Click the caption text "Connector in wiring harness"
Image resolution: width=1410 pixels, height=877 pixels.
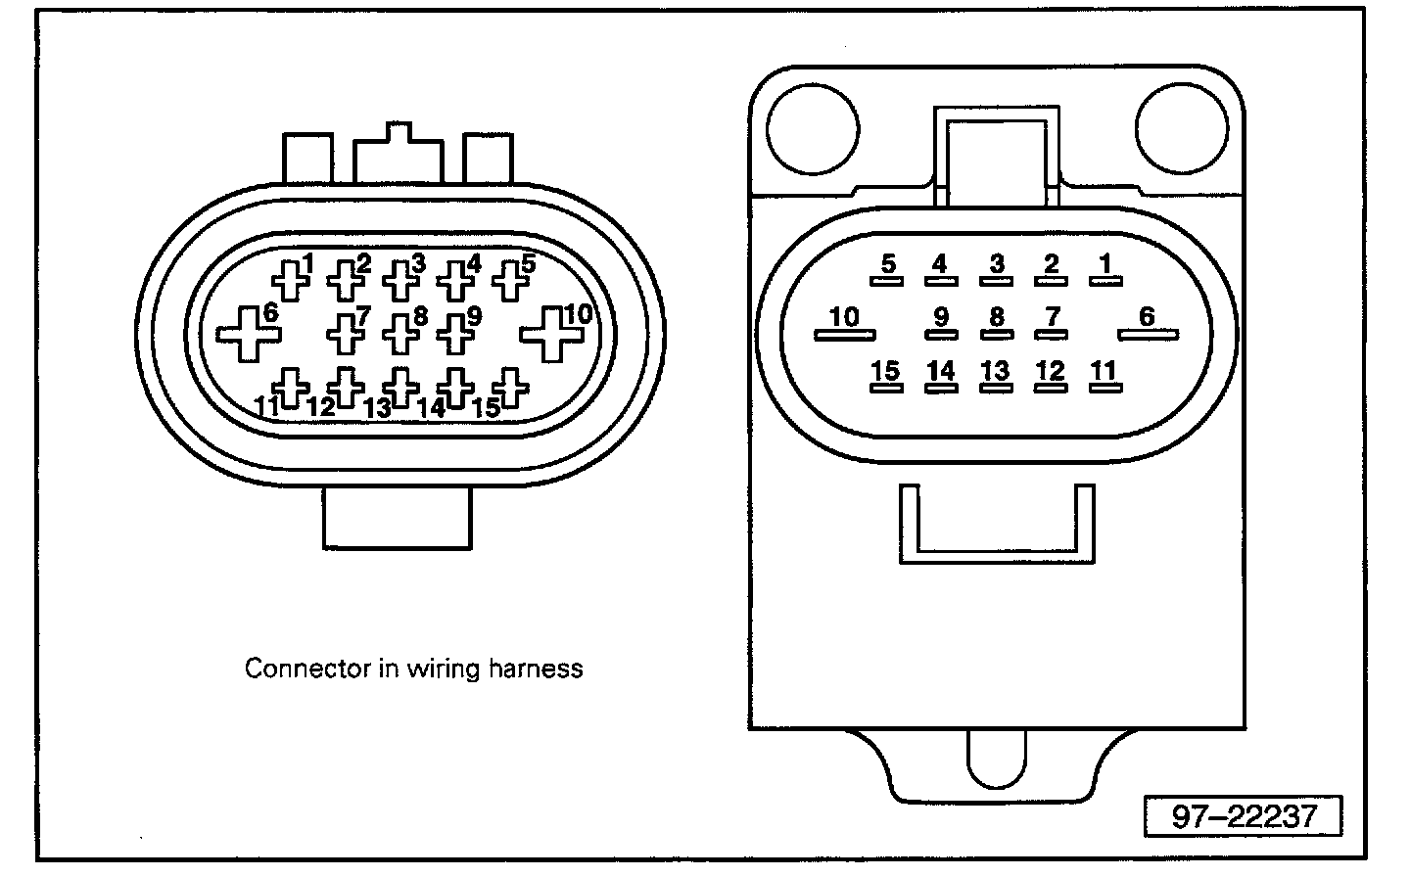coord(413,669)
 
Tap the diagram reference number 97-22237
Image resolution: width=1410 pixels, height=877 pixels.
coord(1244,815)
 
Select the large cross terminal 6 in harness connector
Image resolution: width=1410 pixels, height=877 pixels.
coord(247,335)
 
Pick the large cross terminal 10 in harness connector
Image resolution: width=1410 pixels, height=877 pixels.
coord(552,334)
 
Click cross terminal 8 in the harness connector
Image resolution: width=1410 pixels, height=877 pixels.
coord(399,333)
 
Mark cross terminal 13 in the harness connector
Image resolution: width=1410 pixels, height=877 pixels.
coord(399,388)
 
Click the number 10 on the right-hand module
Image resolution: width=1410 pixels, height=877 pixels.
coord(843,317)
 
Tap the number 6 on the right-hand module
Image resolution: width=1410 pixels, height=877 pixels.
coord(1147,316)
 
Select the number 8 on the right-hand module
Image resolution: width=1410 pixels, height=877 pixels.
coord(996,317)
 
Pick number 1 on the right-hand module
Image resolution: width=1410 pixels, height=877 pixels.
coord(1104,263)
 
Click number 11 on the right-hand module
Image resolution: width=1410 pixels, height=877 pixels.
coord(1104,371)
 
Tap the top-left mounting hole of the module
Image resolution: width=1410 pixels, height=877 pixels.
coord(812,127)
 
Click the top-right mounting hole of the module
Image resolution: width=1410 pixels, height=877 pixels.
coord(1181,127)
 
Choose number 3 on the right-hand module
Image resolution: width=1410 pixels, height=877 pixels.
coord(996,263)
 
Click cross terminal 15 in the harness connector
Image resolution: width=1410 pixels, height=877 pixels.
coord(509,388)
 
